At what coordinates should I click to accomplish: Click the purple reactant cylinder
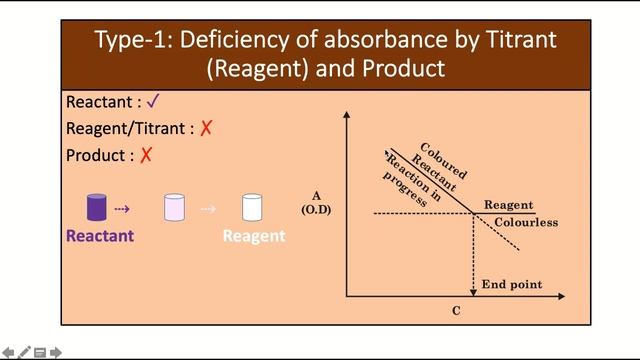(x=96, y=208)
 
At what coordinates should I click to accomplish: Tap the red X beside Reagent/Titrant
(x=206, y=129)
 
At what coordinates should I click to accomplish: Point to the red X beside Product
(x=146, y=156)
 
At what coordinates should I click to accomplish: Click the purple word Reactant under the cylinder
(x=100, y=236)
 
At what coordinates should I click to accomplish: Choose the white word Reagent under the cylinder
(x=253, y=236)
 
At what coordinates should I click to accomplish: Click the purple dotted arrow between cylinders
(x=122, y=209)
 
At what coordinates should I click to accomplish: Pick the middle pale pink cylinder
(x=174, y=208)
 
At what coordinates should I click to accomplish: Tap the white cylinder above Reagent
(x=252, y=208)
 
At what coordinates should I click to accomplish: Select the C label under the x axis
(x=456, y=311)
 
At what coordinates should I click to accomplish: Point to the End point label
(x=511, y=285)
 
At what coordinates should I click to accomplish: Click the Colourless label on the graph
(x=526, y=222)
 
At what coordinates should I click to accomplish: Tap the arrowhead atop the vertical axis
(x=346, y=114)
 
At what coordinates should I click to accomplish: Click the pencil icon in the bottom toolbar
(x=24, y=352)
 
